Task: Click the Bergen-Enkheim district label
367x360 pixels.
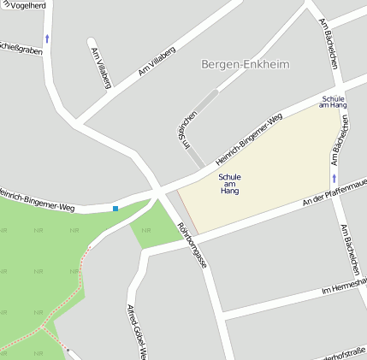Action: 245,64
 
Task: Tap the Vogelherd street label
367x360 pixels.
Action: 25,6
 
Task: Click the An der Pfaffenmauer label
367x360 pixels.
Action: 334,198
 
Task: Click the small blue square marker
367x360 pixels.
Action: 115,208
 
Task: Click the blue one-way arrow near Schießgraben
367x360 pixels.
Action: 47,38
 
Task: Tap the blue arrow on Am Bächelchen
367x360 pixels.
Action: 334,178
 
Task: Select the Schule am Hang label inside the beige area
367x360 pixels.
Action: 229,184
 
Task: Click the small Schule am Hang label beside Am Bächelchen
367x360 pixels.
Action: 334,102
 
